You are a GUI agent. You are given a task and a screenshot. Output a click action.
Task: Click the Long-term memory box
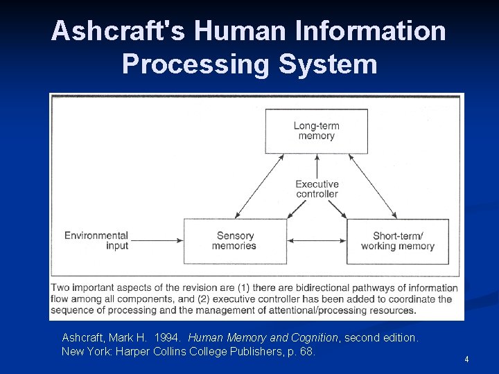pos(316,131)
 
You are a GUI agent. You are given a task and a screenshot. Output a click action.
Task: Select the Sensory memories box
pos(234,241)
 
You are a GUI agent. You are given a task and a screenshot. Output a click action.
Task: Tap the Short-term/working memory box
pos(398,241)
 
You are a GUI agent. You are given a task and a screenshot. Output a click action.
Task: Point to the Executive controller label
pos(317,189)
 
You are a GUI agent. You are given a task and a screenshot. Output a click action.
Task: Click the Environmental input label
pos(96,240)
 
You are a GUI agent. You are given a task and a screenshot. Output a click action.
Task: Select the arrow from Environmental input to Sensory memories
pos(156,241)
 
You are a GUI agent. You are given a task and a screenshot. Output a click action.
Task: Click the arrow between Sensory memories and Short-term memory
pos(317,241)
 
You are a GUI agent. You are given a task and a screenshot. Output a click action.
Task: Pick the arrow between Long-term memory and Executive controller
pos(317,166)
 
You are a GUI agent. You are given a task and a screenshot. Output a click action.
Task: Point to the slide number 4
pos(466,359)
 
